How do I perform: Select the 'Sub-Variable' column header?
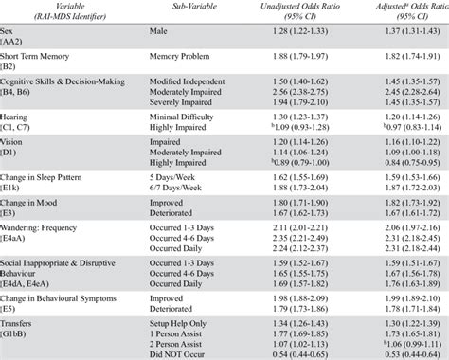tap(181, 10)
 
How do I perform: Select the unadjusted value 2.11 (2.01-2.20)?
tap(304, 254)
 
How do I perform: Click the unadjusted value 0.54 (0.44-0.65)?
tap(304, 353)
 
